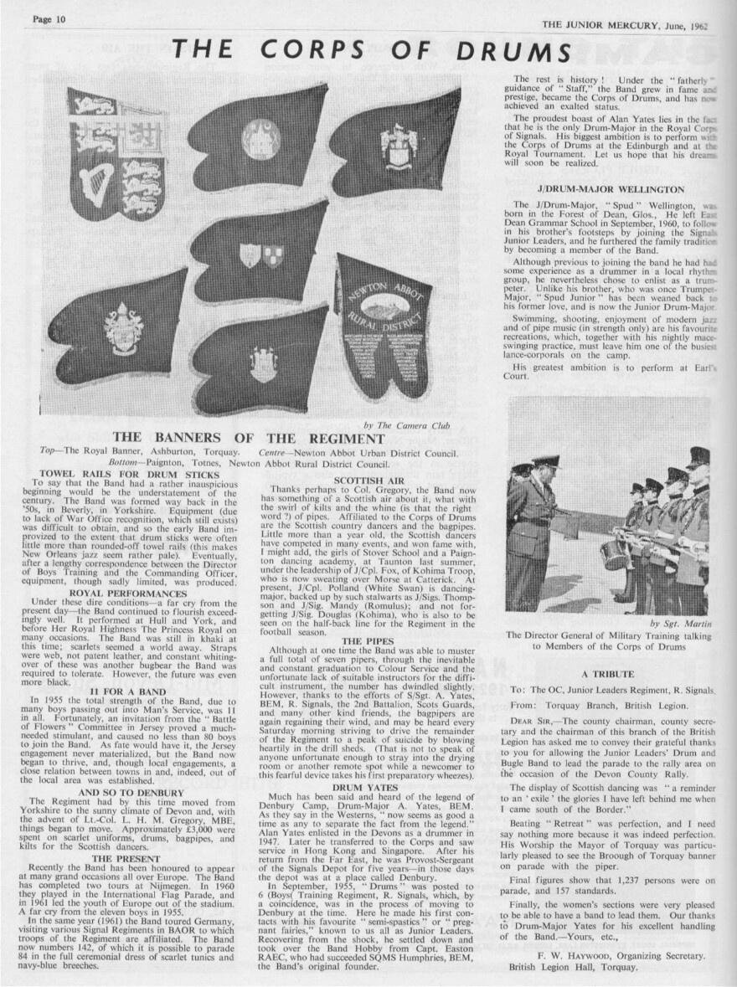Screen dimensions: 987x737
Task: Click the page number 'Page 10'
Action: [x=49, y=20]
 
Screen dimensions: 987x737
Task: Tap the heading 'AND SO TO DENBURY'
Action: [x=130, y=768]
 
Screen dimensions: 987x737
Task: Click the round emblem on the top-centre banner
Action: [x=262, y=139]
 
